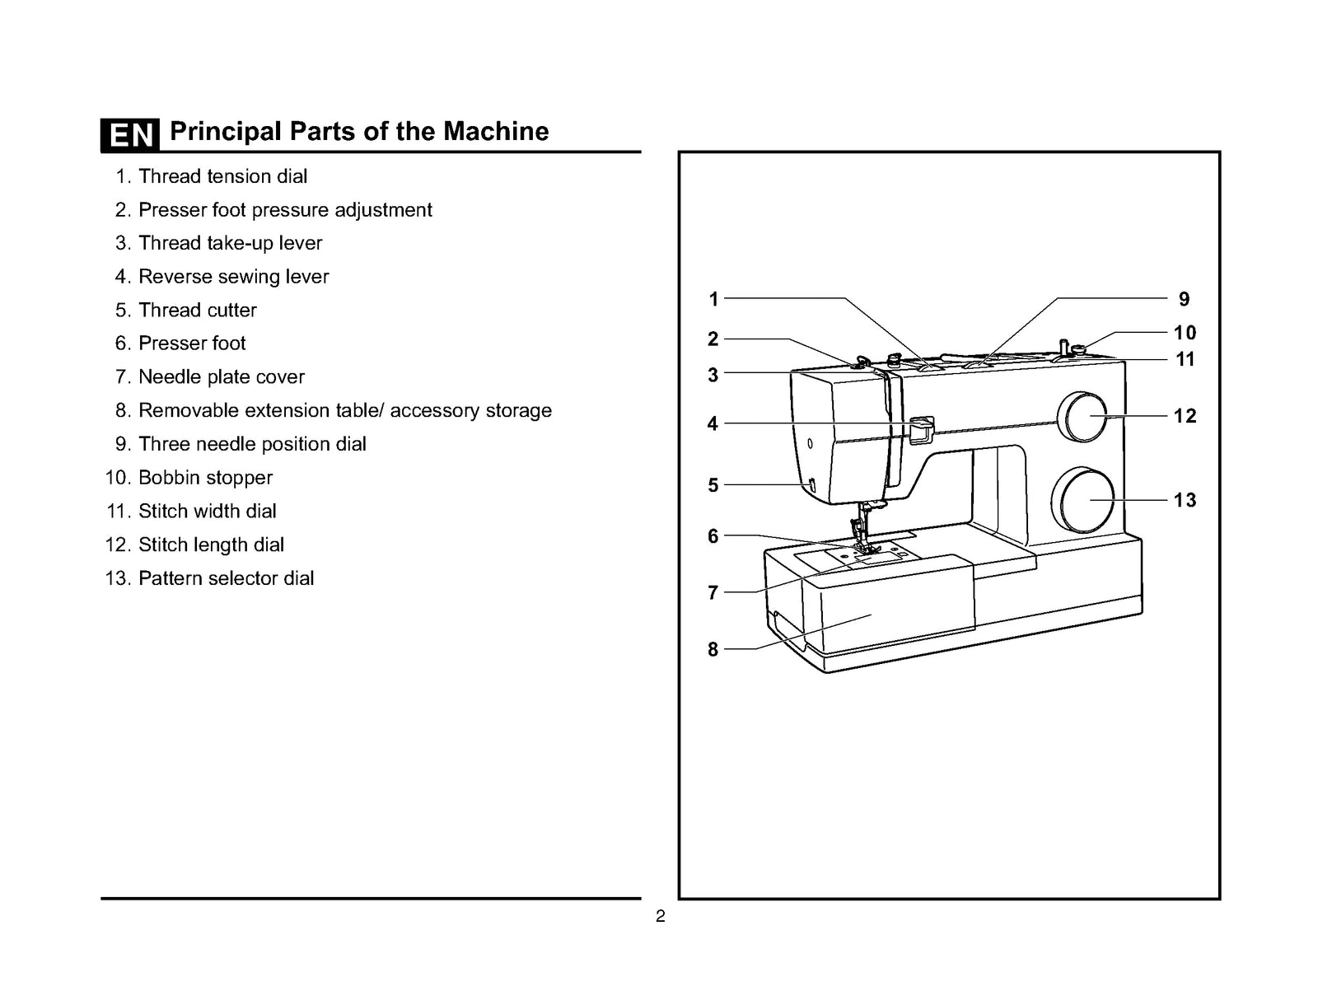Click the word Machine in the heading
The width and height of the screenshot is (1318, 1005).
[496, 132]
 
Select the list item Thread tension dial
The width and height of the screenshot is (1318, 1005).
[222, 176]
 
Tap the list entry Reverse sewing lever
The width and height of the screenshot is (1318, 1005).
[233, 277]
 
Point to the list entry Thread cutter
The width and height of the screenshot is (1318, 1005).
[197, 311]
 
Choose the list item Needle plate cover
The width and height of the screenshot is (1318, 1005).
[221, 377]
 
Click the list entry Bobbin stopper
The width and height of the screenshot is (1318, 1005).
[204, 478]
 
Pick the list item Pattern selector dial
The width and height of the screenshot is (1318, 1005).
[226, 578]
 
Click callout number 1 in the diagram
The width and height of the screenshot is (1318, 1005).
[713, 299]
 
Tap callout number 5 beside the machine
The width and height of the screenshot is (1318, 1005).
[713, 485]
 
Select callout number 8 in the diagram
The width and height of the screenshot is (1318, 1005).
[713, 649]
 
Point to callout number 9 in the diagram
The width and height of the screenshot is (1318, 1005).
[1184, 299]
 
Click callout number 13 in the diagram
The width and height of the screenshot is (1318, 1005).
[1185, 500]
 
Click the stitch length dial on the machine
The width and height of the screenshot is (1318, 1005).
[1086, 417]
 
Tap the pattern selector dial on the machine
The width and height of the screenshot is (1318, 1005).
[1083, 501]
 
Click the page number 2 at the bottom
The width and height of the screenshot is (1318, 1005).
[660, 917]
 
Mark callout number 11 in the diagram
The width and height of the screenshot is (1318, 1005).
[1185, 359]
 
